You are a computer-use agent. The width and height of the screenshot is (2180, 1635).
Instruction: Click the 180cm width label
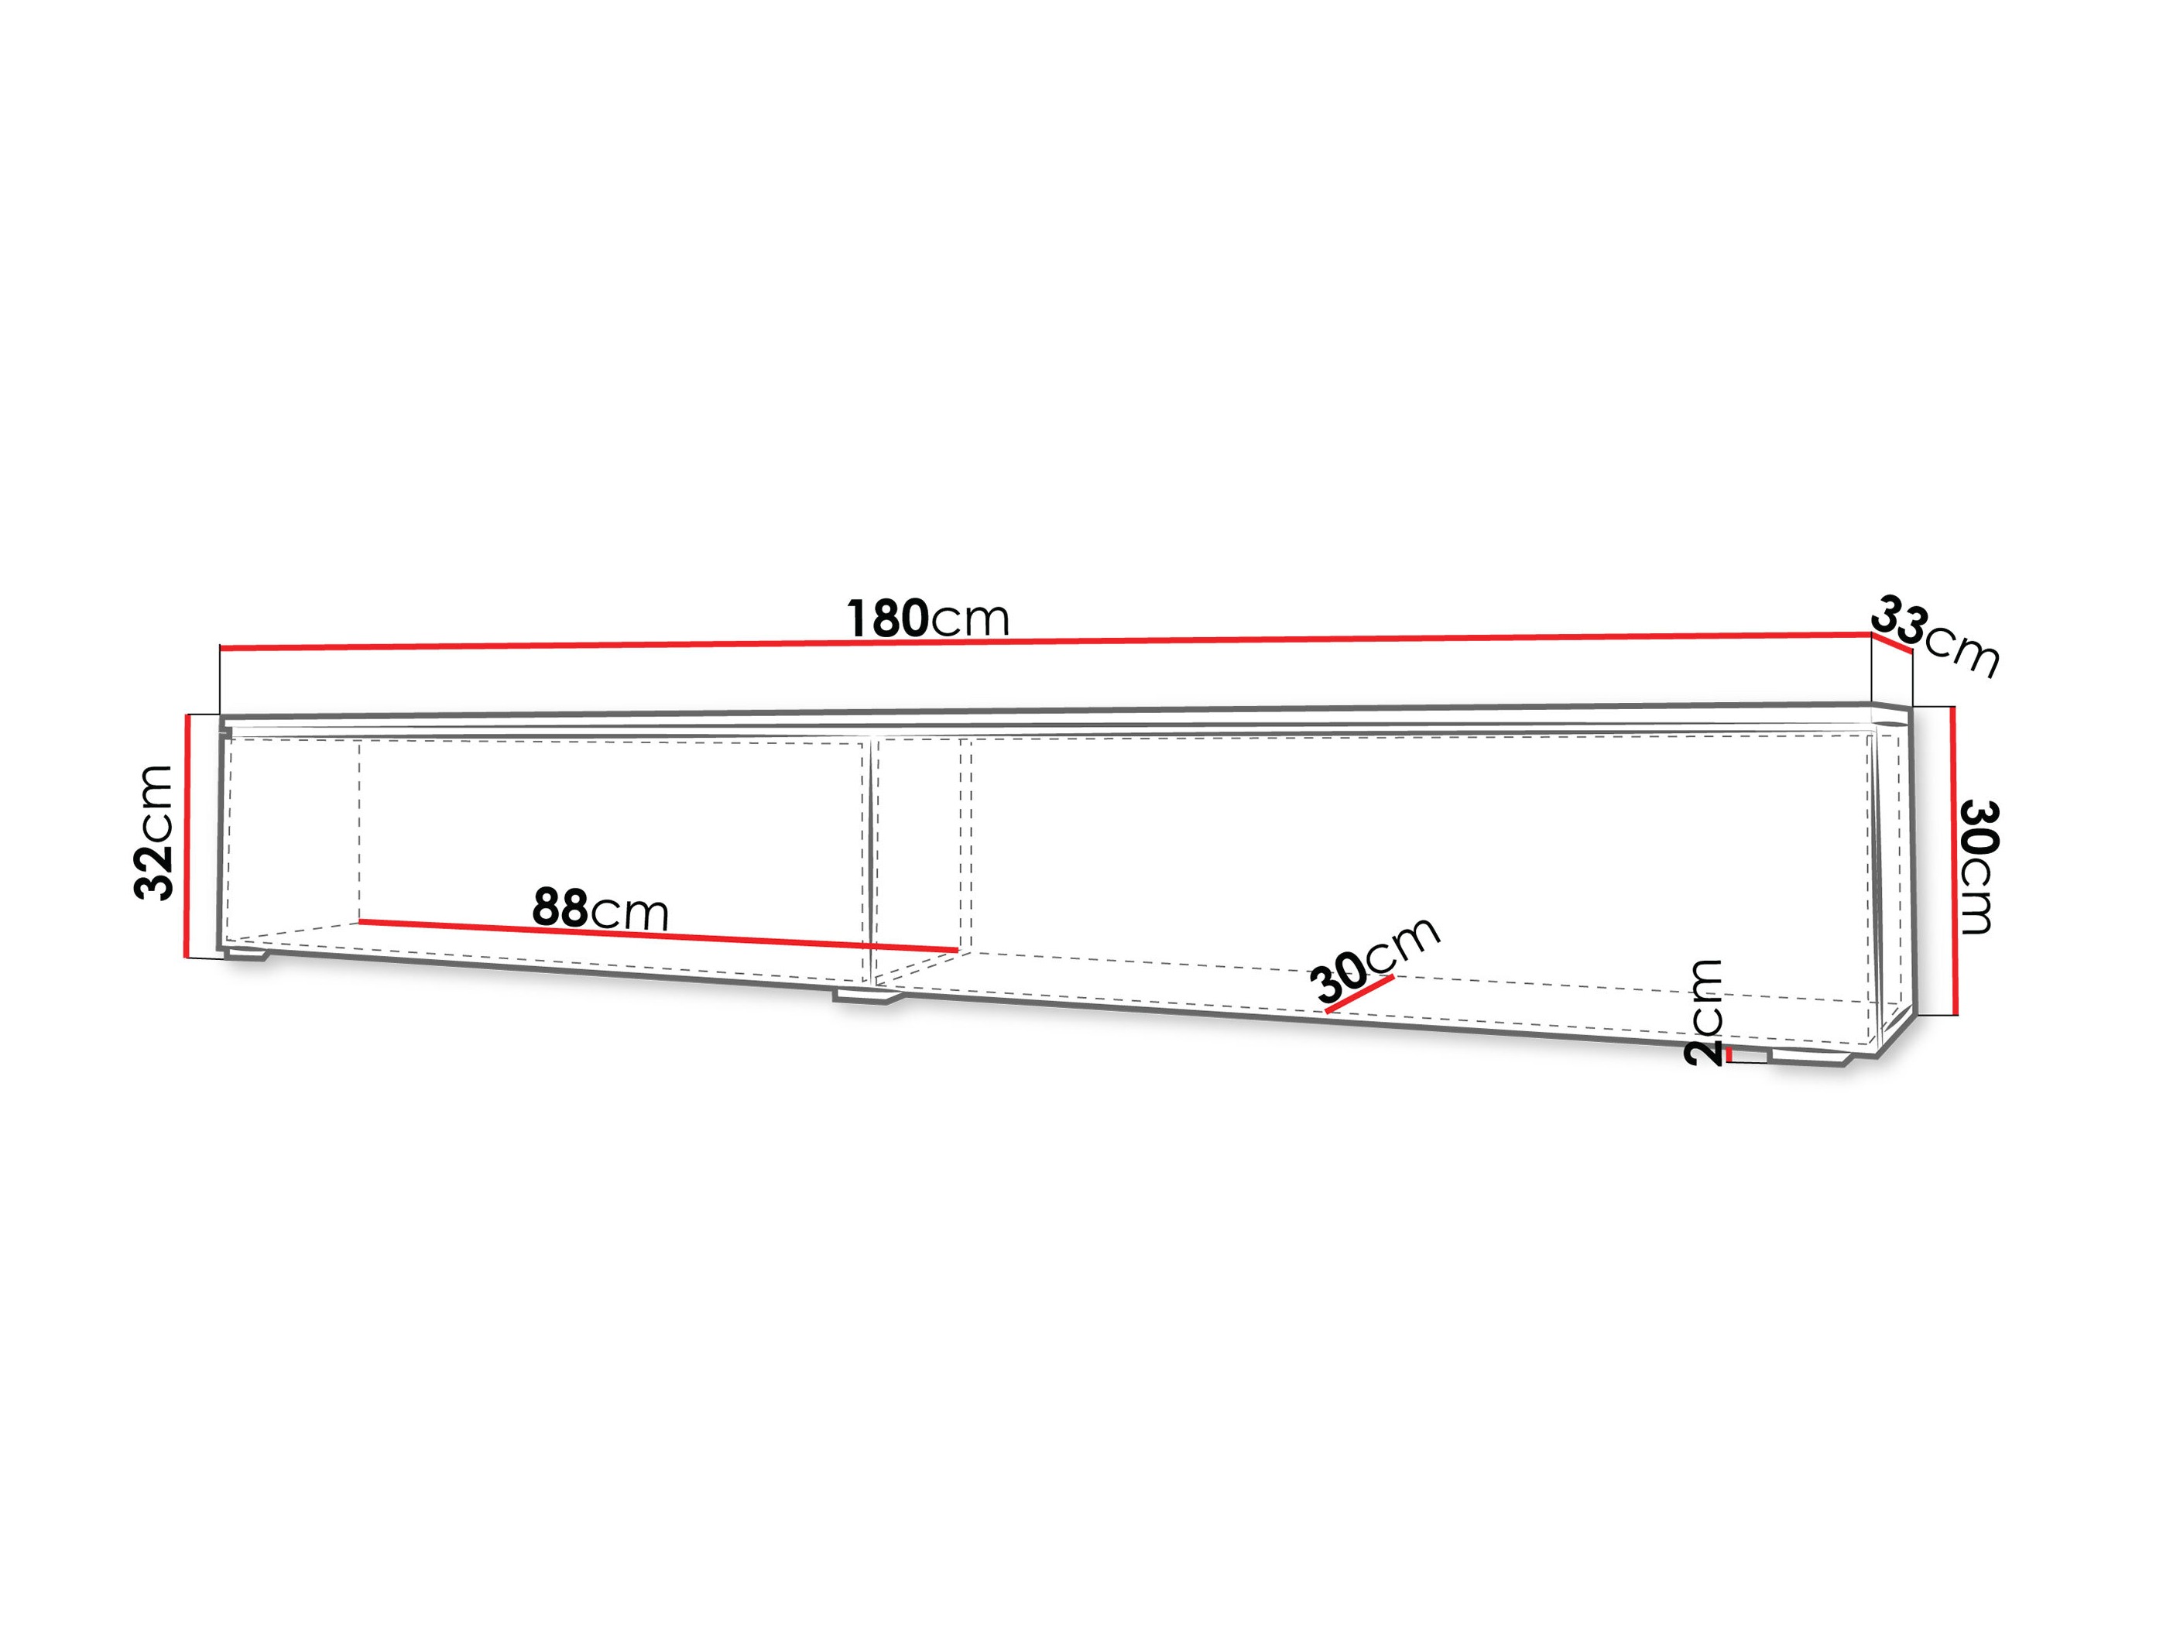coord(928,618)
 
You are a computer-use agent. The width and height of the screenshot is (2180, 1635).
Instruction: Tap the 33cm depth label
coord(1935,635)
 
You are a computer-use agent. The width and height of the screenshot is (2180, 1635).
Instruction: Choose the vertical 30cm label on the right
coord(1978,867)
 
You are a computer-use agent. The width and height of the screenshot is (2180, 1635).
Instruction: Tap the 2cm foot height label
coord(1704,1012)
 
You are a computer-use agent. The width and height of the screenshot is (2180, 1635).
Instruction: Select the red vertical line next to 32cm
coord(185,836)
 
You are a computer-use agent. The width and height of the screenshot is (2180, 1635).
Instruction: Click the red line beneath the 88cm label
coord(658,935)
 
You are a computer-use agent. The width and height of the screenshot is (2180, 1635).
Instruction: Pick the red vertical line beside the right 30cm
coord(1953,860)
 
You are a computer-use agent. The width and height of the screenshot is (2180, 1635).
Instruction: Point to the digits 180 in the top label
coord(887,618)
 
